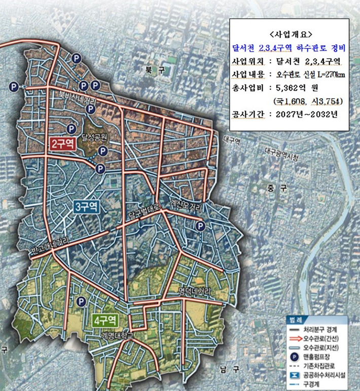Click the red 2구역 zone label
[63, 143]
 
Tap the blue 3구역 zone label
[86, 207]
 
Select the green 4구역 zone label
[106, 320]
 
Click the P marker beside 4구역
[81, 302]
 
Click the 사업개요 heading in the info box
[289, 35]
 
